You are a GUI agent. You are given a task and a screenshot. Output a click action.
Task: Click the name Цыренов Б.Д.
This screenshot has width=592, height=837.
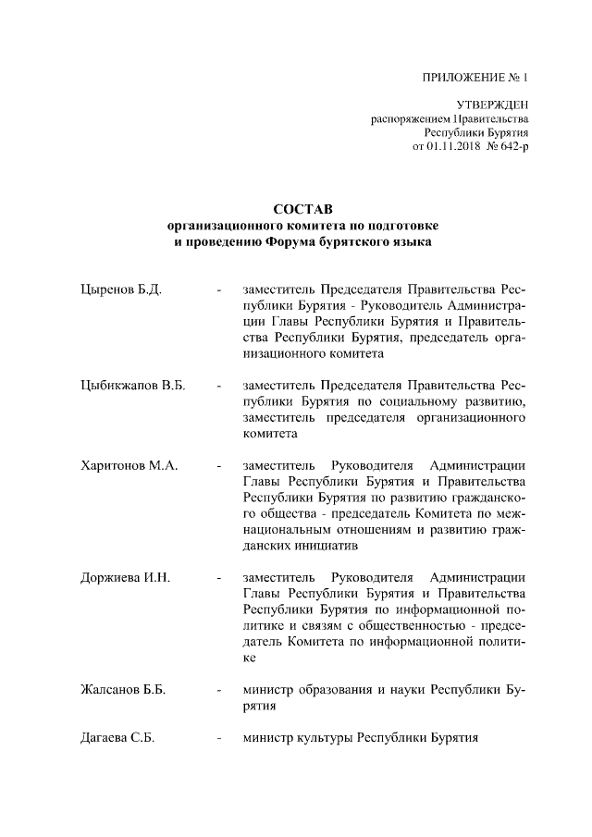coord(121,290)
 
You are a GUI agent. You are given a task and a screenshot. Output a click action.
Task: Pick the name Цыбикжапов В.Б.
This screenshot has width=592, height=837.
coord(133,385)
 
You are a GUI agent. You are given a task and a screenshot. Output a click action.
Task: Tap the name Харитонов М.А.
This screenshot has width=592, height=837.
coord(129,464)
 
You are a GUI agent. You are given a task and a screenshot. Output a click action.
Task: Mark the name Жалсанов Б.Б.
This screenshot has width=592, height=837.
coord(123,689)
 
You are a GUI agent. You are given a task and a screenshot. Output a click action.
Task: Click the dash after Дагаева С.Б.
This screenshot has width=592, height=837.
coord(218,738)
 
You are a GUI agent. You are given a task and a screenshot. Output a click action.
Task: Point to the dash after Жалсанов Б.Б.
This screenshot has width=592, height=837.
coord(218,689)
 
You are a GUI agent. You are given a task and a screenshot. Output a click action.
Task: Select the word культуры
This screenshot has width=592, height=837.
coord(323,738)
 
